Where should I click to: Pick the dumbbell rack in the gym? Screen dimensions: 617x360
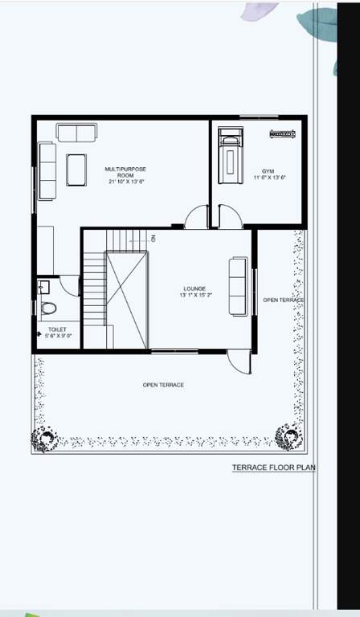click(283, 133)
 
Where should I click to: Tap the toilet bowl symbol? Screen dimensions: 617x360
click(48, 307)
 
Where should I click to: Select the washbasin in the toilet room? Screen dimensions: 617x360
click(43, 286)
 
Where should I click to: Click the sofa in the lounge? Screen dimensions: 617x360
click(239, 287)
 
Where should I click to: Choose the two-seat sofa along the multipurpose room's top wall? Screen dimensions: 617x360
click(76, 133)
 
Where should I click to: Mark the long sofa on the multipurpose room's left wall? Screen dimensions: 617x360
click(47, 171)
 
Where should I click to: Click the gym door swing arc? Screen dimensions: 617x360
click(228, 216)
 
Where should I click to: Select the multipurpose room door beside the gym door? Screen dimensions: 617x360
click(196, 217)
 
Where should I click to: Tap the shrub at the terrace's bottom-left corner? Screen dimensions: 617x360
click(44, 439)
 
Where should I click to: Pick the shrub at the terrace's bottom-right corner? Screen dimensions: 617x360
click(288, 437)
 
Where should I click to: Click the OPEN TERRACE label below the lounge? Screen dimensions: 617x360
click(163, 386)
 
